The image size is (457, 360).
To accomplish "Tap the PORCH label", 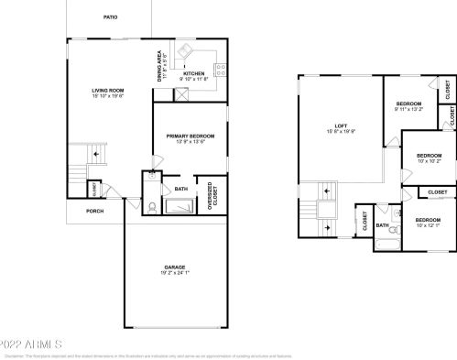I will (x=94, y=211).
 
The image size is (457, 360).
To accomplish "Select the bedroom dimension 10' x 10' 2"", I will (x=429, y=161).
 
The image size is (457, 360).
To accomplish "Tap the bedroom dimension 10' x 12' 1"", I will (x=428, y=225).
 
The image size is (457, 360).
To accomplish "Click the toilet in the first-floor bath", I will (x=150, y=207).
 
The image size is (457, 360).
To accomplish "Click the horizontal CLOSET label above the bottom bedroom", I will (x=437, y=191).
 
